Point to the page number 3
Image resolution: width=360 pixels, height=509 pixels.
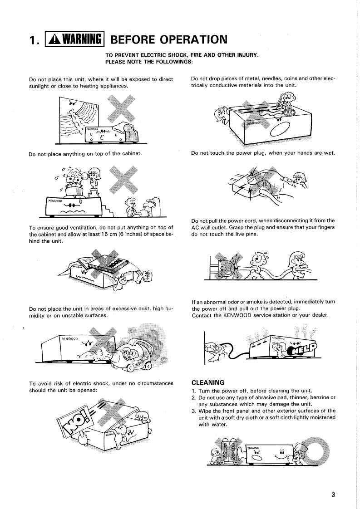pos(333,494)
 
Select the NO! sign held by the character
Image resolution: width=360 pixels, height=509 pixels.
pos(75,424)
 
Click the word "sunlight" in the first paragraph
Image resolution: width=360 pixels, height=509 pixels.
pos(40,86)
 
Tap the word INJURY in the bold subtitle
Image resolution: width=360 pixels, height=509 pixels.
pos(245,55)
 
